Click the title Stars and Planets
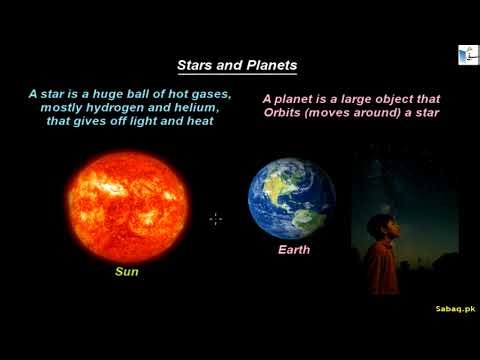tap(236, 65)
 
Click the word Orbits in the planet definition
tap(286, 113)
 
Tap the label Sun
tap(127, 271)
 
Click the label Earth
tap(294, 249)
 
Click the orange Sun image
tap(127, 205)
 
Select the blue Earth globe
tap(292, 196)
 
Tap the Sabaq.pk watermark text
tap(455, 311)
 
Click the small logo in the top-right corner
tap(466, 56)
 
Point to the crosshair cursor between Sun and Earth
tap(215, 218)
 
